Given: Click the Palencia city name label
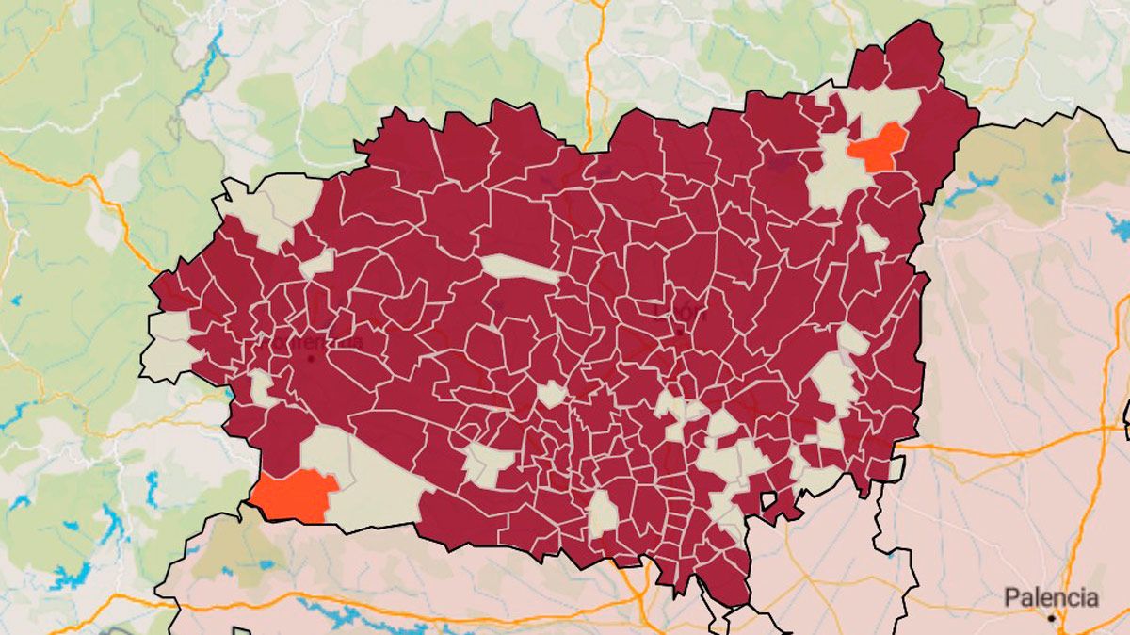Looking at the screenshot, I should [1050, 597].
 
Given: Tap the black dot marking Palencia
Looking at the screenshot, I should [1052, 618].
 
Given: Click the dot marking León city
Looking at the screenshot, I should [680, 332].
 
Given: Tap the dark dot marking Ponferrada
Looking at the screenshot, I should [312, 358].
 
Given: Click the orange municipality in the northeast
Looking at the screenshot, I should [878, 149].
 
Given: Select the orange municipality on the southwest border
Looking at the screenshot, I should [295, 495].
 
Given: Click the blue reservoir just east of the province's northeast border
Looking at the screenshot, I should [970, 188].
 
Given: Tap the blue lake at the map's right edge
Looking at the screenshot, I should [1119, 226].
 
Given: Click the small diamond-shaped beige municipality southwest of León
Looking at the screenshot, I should [552, 394].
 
